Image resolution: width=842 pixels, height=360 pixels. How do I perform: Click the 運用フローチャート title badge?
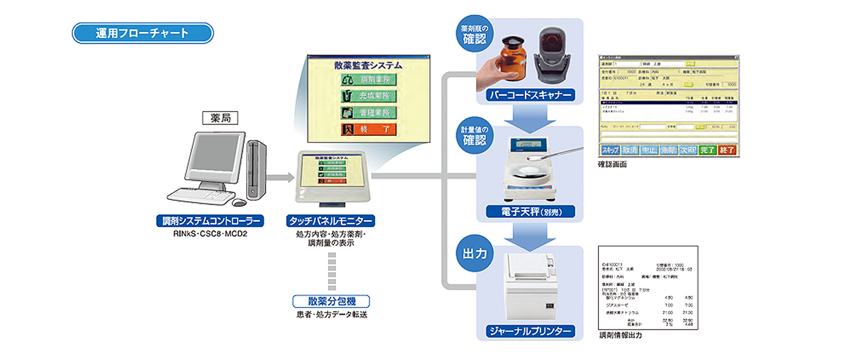(x=143, y=33)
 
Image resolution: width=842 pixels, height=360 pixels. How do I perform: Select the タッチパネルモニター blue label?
(x=331, y=221)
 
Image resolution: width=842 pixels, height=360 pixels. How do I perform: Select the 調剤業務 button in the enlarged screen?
(x=369, y=80)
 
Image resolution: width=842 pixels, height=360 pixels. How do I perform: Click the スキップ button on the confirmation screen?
(x=610, y=150)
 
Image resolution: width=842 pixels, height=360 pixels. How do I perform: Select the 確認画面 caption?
(x=614, y=165)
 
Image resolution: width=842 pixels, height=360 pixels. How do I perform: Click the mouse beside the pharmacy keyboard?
(x=239, y=202)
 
